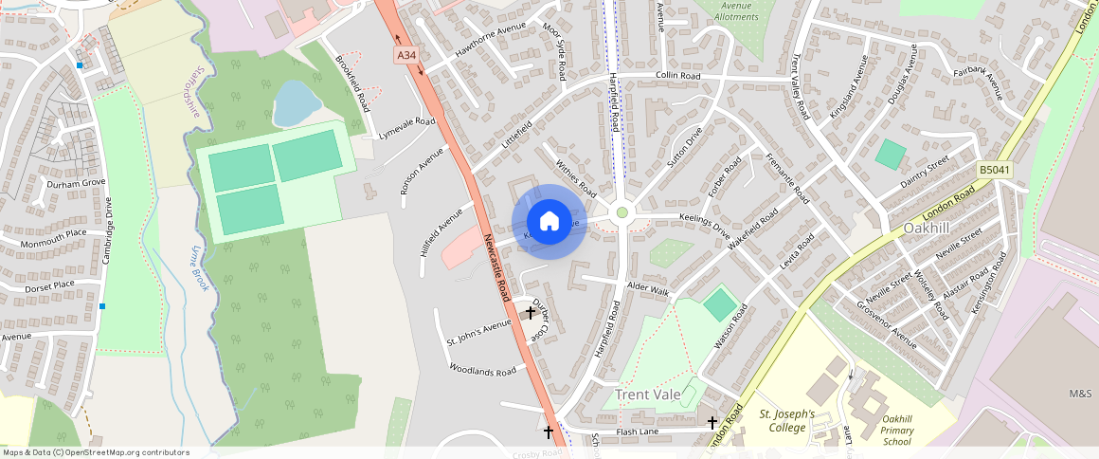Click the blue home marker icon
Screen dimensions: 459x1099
tap(549, 222)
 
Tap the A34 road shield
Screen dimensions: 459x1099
tap(406, 55)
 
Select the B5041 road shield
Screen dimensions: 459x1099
tap(994, 170)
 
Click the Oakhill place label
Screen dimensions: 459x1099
tap(926, 229)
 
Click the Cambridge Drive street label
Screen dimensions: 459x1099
tap(109, 229)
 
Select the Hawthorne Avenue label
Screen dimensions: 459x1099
tap(490, 40)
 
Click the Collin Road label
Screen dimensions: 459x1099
tap(678, 76)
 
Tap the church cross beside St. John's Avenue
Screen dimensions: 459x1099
tap(530, 311)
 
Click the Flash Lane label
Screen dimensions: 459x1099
tap(637, 431)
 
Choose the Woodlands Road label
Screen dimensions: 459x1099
tap(483, 370)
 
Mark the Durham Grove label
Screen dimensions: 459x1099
tap(75, 183)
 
